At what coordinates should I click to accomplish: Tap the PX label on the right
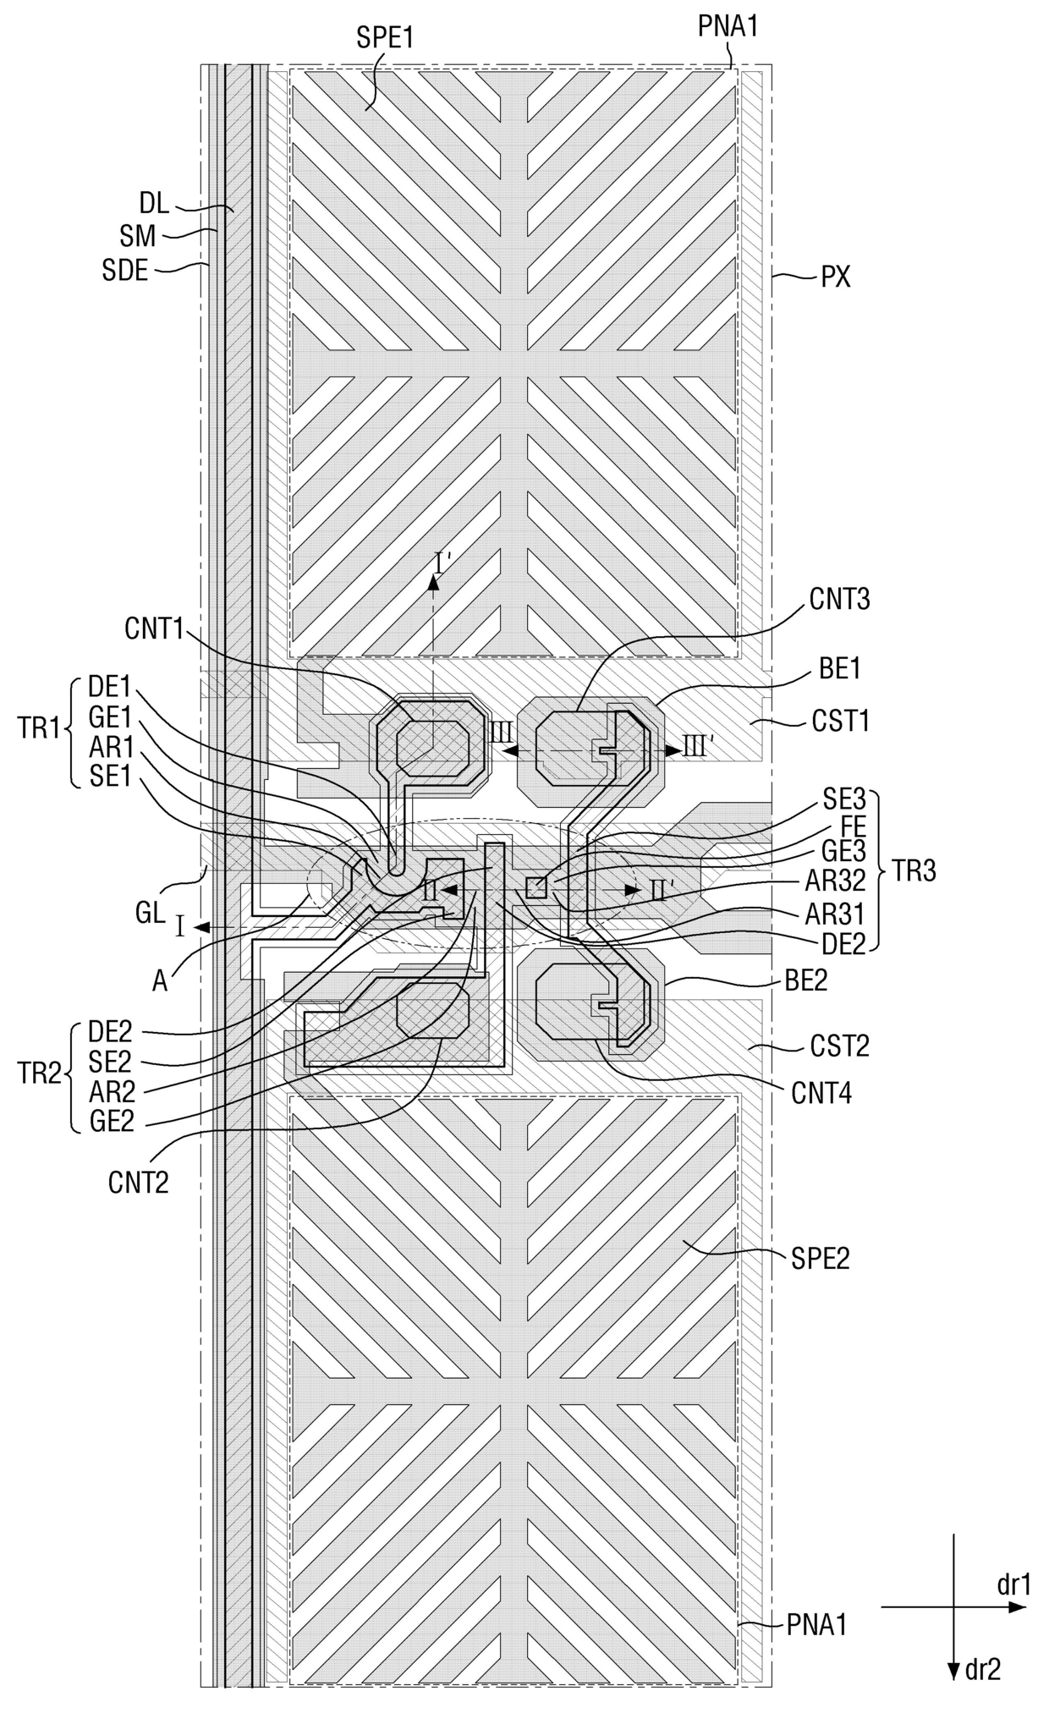836,277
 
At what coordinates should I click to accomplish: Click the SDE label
125,271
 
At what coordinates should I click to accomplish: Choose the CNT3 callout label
840,599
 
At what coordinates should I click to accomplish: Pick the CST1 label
841,722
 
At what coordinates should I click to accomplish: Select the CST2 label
840,1046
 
